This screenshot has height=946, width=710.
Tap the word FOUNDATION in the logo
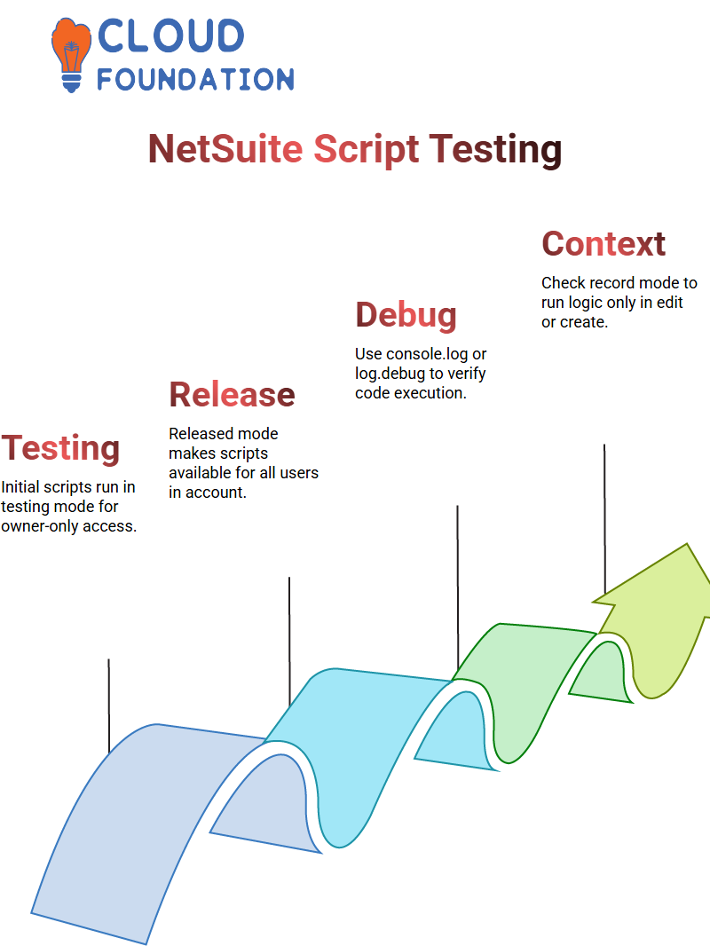point(195,79)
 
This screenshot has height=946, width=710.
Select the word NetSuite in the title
point(225,149)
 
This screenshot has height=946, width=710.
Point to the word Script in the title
point(366,149)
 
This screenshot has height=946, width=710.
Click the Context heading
point(603,243)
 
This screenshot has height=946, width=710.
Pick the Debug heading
point(406,315)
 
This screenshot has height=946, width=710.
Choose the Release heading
point(232,395)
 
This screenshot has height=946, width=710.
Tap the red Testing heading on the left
point(60,448)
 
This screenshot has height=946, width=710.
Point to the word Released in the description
point(202,434)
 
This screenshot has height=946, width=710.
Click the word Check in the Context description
point(563,283)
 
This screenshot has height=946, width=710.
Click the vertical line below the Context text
point(604,515)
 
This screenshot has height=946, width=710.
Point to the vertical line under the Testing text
point(108,706)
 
